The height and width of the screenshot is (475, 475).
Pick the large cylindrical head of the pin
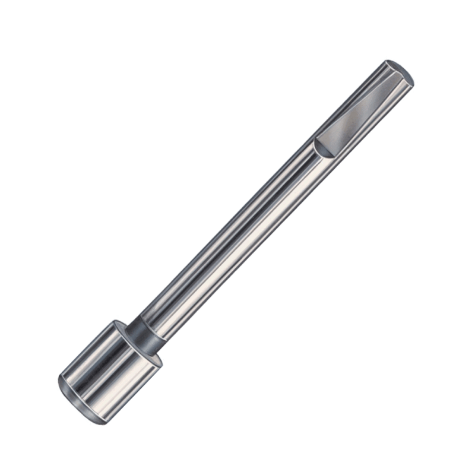pos(110,371)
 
